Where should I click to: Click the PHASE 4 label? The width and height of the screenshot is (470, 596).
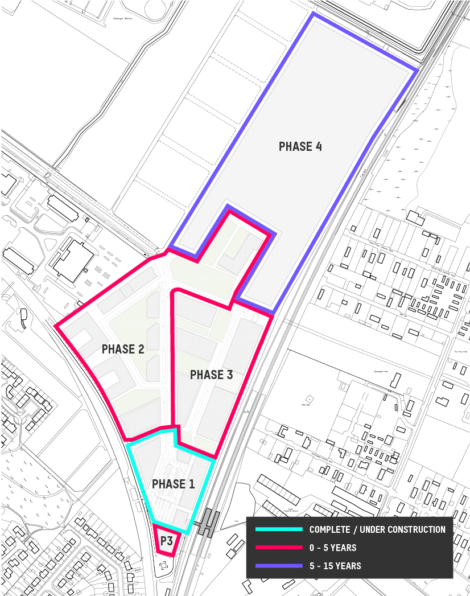(x=300, y=147)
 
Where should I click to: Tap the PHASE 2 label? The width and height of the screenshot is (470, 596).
(x=123, y=350)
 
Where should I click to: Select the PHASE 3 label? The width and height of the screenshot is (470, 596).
(x=211, y=375)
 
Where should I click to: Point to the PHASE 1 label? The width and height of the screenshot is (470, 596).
(x=173, y=484)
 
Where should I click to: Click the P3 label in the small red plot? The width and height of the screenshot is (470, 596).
(x=166, y=541)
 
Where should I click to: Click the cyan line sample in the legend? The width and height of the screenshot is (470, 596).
(x=279, y=529)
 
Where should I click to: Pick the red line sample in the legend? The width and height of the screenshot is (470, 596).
(x=279, y=548)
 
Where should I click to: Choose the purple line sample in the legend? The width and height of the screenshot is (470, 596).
(x=279, y=566)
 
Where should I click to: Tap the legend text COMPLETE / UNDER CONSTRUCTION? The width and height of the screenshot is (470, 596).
(x=377, y=529)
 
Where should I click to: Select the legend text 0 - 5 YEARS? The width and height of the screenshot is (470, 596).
(x=333, y=548)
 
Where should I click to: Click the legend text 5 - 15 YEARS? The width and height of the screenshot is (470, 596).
(x=335, y=566)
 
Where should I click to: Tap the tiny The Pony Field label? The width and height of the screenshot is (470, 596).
(x=460, y=352)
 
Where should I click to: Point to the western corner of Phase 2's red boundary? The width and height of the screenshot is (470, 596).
(x=56, y=326)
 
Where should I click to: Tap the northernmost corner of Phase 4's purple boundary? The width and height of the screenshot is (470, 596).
(x=312, y=14)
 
